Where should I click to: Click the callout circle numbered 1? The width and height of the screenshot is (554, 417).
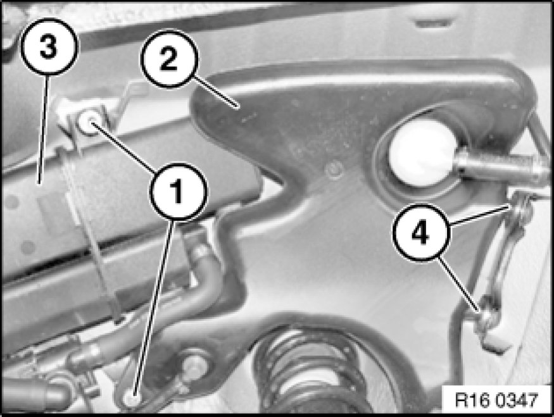(179, 192)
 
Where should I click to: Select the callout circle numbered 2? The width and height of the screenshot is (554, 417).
(170, 59)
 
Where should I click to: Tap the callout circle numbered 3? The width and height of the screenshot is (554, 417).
(49, 47)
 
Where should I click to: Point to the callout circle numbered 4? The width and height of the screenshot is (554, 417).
(421, 233)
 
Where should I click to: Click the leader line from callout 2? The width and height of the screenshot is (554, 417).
(215, 91)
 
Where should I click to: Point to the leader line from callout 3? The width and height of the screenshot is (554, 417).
(43, 129)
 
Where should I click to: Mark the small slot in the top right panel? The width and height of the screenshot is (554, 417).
(434, 23)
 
